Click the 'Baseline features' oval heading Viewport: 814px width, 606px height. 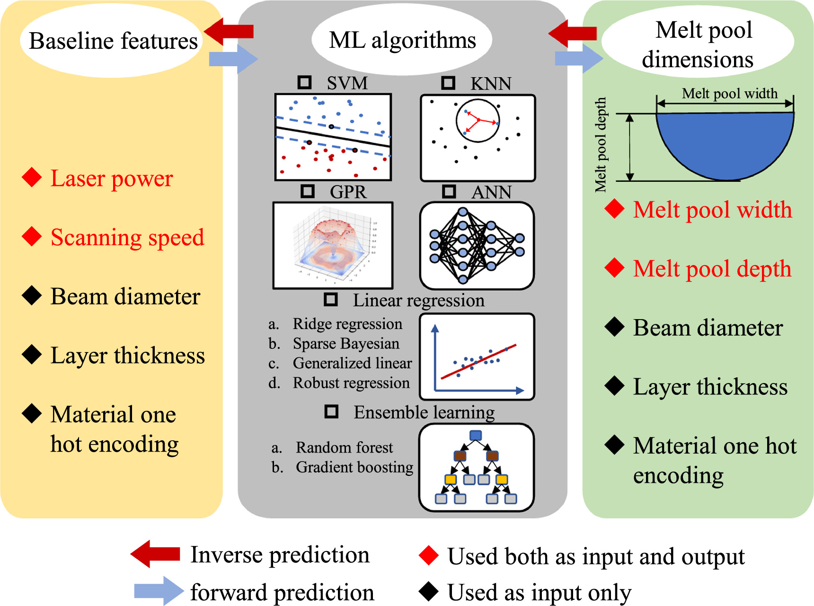click(x=113, y=41)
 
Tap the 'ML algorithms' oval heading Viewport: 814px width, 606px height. click(x=402, y=40)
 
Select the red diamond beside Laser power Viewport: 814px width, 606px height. click(x=32, y=178)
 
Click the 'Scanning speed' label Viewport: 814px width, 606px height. click(x=127, y=237)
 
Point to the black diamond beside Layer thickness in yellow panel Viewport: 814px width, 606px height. click(x=32, y=355)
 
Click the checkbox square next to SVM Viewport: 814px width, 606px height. click(x=304, y=82)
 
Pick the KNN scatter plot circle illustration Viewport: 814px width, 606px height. click(x=478, y=121)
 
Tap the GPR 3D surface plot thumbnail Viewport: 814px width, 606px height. click(x=333, y=245)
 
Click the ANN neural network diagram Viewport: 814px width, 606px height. click(x=477, y=245)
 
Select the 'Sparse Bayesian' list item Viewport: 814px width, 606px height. click(x=345, y=344)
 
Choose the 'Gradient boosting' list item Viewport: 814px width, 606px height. click(x=354, y=467)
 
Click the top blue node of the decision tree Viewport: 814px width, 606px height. click(x=476, y=436)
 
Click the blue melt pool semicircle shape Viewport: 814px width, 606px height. click(x=725, y=142)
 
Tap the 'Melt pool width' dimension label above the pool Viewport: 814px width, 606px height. click(x=729, y=93)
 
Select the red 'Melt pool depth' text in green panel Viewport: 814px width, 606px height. click(x=712, y=268)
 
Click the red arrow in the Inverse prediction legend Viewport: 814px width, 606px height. click(x=155, y=554)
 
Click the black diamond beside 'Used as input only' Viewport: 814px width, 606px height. click(x=429, y=591)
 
